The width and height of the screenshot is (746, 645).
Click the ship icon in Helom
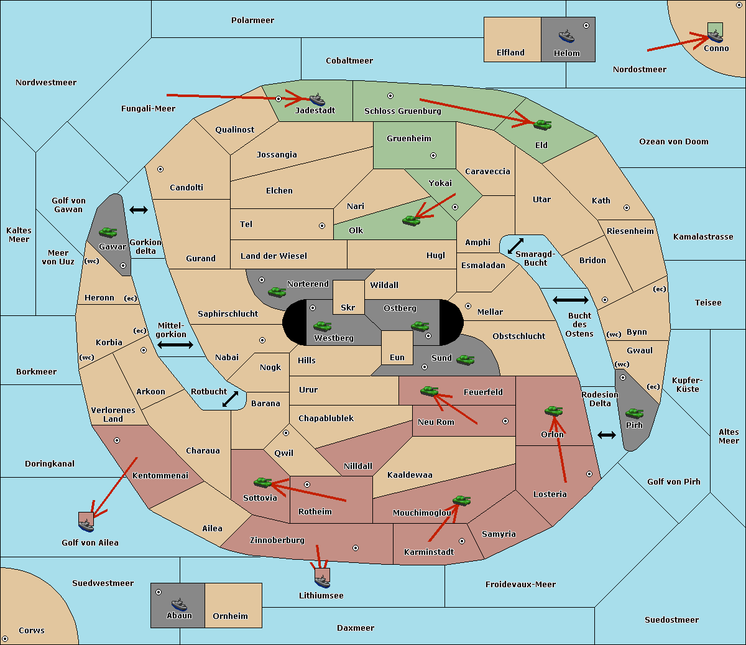[566, 37]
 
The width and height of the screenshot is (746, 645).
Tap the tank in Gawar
[108, 233]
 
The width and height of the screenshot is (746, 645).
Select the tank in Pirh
[634, 414]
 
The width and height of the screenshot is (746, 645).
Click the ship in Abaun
[179, 605]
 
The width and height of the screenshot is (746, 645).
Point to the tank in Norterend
[277, 292]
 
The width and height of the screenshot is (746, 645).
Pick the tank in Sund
[465, 360]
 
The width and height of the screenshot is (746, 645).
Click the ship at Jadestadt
[317, 100]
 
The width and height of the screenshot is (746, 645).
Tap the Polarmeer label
[252, 21]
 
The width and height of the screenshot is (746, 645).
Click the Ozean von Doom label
[674, 142]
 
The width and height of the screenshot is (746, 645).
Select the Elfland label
[510, 53]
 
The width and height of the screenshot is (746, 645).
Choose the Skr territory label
[348, 307]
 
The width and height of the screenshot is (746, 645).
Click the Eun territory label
[397, 357]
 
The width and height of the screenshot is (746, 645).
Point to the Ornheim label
[230, 616]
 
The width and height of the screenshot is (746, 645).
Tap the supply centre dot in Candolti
[160, 169]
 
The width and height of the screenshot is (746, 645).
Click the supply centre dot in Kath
[627, 208]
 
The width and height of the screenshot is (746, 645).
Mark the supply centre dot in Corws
[5, 639]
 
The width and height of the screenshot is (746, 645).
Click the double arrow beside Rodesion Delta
[607, 435]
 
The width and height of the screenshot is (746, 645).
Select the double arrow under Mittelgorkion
[175, 345]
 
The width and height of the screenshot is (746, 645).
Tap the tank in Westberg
[322, 327]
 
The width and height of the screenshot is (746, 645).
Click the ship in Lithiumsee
[322, 582]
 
